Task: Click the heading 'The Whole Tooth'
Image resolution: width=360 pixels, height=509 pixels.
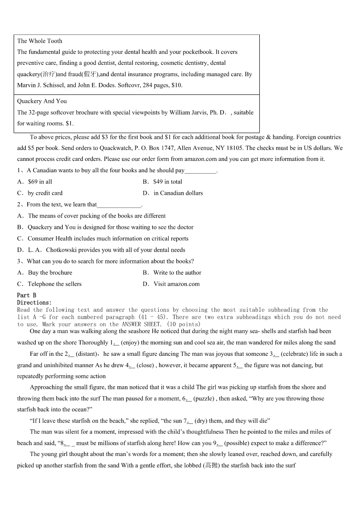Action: pos(39,41)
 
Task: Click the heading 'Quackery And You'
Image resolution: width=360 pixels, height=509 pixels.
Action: pos(42,101)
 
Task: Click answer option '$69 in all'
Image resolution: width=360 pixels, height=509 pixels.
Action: pos(40,182)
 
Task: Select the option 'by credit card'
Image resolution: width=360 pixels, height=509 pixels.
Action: pos(45,193)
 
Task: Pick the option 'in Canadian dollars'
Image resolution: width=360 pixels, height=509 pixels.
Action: pos(178,193)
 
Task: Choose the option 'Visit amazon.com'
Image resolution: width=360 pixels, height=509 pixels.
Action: pos(176,284)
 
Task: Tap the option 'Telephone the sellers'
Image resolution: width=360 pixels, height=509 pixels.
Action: pos(54,284)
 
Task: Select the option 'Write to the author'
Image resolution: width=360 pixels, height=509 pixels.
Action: pos(177,273)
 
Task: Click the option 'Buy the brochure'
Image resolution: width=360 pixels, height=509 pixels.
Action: pos(50,273)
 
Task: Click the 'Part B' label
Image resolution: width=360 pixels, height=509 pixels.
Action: pos(26,296)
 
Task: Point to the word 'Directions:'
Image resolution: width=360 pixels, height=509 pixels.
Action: pos(34,302)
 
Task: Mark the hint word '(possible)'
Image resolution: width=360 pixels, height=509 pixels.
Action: pos(237,443)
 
